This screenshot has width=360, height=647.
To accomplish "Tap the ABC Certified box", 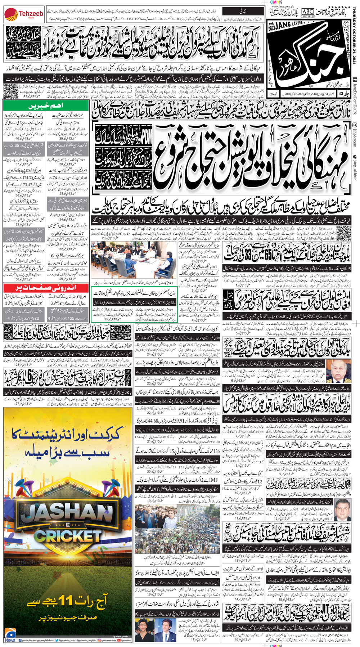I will click(307, 13).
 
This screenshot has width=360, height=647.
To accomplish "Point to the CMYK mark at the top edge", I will click(276, 2).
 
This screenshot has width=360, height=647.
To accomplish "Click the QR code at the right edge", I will click(345, 231).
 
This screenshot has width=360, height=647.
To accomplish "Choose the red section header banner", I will click(46, 288).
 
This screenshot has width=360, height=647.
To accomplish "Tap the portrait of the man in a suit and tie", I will click(343, 509).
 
